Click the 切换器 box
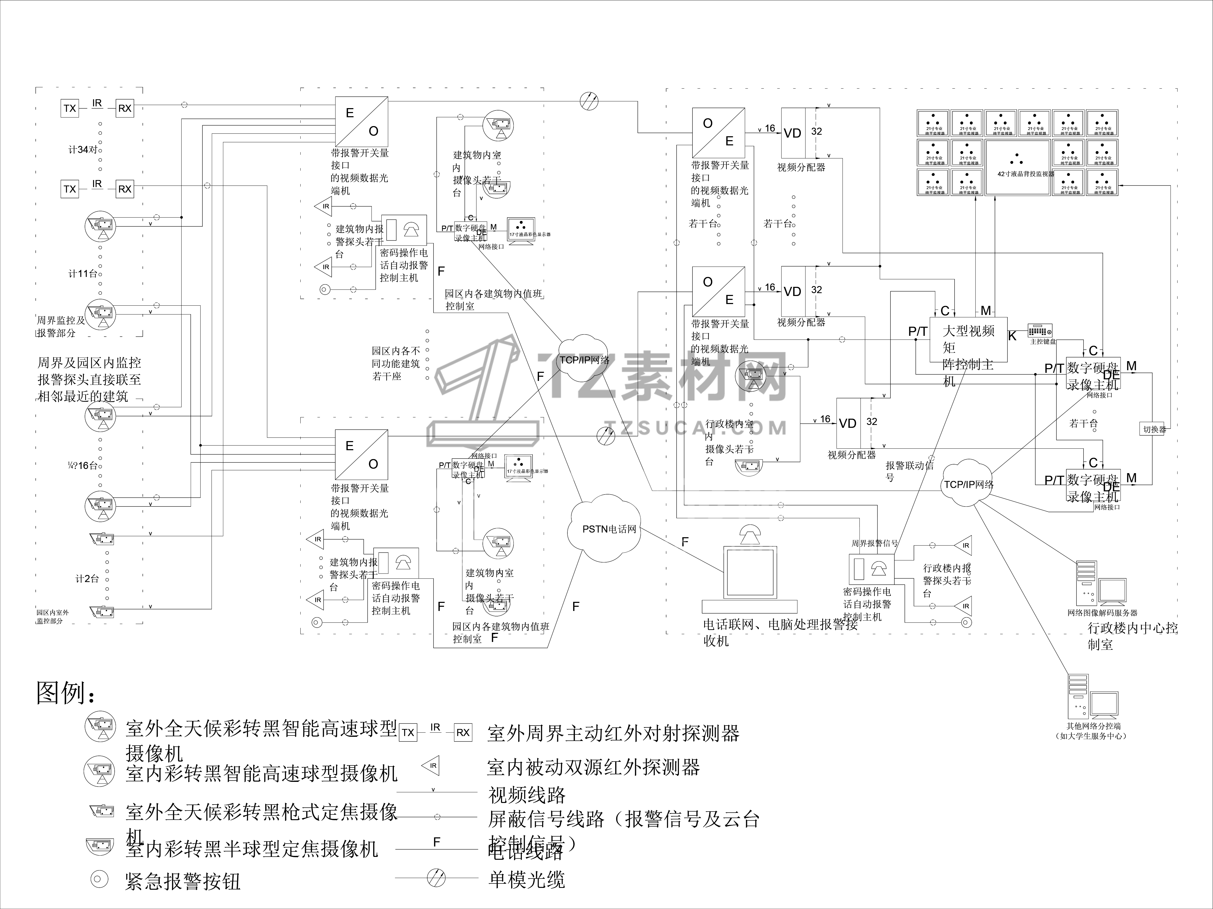(x=1154, y=429)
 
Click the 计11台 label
(x=82, y=273)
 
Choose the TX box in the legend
(x=407, y=732)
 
